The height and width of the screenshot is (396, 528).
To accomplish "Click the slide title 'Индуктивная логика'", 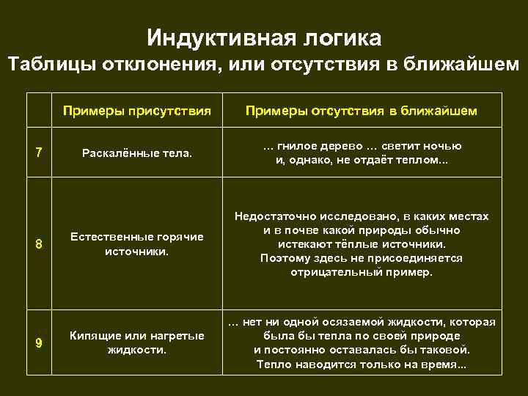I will [264, 37].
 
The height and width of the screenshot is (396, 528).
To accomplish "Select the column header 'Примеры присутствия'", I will [137, 111].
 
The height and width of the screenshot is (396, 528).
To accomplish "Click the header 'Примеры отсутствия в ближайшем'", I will [361, 111].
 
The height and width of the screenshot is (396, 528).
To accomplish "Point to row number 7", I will [39, 153].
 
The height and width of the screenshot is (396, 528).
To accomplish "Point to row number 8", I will [39, 244].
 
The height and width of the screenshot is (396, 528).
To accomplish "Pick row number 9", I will [39, 342].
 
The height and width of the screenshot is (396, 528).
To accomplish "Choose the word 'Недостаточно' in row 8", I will [272, 217].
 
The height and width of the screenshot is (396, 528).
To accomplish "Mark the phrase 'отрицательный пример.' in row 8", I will [361, 272].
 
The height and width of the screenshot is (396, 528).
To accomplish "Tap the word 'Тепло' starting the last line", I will [272, 364].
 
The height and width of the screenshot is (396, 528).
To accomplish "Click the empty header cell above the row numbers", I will [39, 111].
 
